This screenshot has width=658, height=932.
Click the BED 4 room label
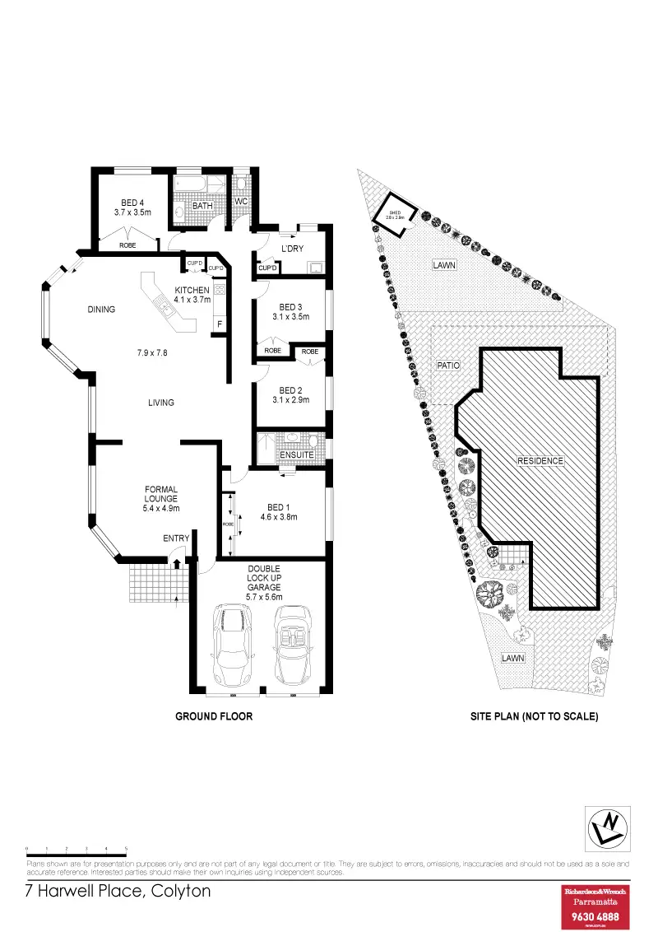click(132, 203)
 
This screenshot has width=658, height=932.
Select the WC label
click(242, 202)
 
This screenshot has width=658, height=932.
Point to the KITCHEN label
click(192, 289)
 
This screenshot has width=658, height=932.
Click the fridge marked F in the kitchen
click(220, 324)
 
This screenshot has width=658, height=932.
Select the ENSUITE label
click(296, 454)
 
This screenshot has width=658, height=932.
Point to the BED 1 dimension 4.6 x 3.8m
click(277, 517)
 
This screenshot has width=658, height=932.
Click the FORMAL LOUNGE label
click(161, 494)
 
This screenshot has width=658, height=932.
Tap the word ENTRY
click(176, 538)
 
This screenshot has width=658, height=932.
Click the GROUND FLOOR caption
click(214, 716)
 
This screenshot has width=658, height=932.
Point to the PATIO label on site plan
click(447, 364)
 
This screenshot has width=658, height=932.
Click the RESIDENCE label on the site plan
click(540, 460)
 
